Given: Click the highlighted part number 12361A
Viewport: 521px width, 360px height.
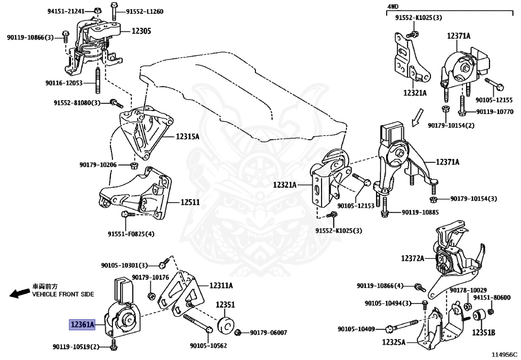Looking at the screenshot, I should coord(83,324).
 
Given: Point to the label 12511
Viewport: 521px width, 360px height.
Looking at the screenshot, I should coord(190,202).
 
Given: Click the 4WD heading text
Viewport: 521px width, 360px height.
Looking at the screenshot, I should coord(393,6).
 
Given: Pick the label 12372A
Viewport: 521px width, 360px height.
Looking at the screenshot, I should coord(412,258).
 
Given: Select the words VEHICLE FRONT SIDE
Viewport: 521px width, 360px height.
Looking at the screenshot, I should coord(63,294).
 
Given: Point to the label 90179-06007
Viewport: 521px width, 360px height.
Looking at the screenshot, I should coord(268,333).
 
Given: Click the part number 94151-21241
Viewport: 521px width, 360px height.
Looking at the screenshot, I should coord(67,11).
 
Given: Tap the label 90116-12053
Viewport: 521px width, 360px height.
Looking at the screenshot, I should coord(64,82).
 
